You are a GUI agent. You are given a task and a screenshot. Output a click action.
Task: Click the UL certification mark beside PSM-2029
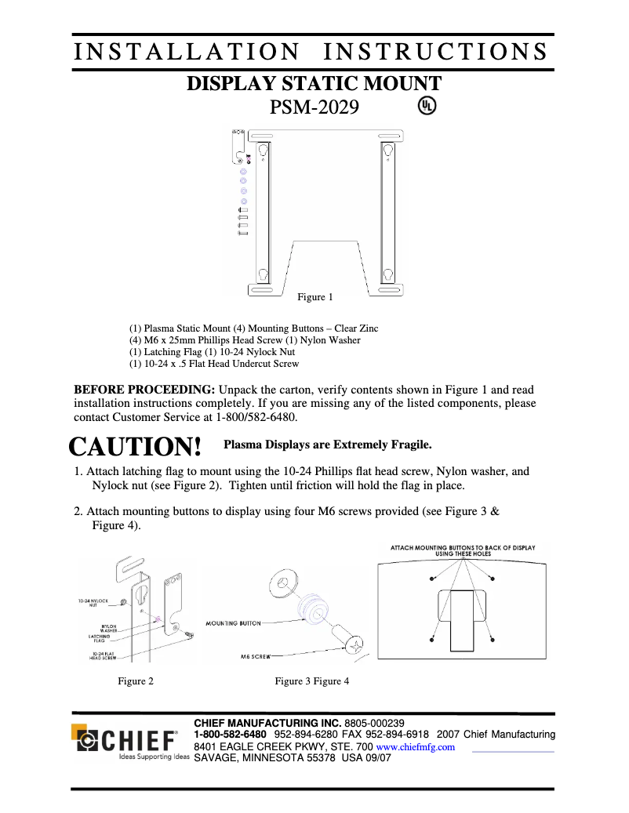427,105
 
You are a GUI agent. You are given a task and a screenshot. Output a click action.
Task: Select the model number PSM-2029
314,107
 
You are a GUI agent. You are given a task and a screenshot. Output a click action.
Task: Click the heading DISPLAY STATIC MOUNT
314,84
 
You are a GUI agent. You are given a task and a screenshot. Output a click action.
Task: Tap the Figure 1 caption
314,297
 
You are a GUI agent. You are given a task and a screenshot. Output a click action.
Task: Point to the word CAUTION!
136,447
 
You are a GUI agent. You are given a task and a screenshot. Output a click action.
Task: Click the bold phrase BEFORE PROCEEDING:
144,390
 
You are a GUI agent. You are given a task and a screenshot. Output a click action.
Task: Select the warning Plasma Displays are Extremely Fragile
328,445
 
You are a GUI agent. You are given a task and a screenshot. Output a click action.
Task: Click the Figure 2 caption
136,681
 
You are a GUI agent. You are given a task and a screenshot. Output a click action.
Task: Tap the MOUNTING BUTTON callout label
233,623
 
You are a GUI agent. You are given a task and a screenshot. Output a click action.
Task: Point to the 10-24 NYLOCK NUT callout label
93,603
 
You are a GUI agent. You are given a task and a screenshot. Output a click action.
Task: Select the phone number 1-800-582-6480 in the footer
230,735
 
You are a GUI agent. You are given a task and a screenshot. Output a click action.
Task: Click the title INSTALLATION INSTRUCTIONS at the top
311,52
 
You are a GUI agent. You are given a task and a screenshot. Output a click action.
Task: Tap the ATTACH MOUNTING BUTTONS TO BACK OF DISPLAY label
463,550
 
